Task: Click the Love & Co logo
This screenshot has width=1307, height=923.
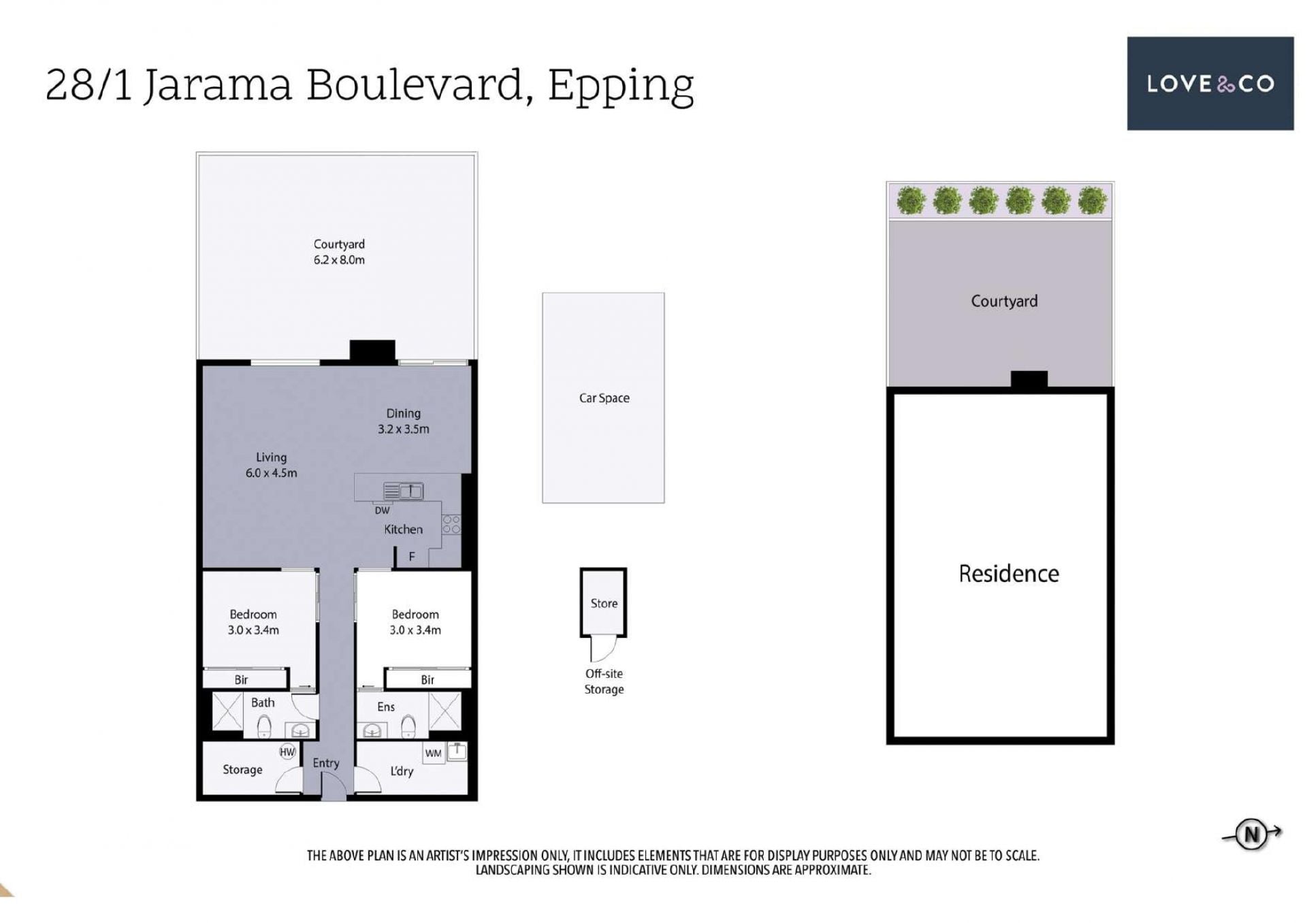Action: [1210, 83]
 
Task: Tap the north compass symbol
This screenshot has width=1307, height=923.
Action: [1251, 834]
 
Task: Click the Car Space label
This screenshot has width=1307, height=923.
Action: [604, 398]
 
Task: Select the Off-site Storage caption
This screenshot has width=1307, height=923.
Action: [604, 681]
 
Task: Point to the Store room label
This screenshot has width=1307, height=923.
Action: [604, 603]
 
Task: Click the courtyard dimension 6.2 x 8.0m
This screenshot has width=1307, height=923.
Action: [339, 260]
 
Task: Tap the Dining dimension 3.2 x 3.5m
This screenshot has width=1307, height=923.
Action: [404, 429]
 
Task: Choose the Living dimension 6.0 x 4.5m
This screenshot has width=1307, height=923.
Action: [271, 473]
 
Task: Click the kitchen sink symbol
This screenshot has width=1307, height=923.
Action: [403, 491]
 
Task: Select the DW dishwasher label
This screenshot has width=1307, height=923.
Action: [382, 511]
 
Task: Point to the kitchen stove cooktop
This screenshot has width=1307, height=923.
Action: [451, 524]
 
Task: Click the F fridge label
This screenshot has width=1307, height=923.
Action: [412, 557]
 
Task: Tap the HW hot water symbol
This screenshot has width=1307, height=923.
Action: [287, 752]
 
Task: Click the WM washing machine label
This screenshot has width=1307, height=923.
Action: [433, 754]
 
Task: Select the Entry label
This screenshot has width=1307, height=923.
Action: [325, 764]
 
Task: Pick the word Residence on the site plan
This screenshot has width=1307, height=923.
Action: [1009, 574]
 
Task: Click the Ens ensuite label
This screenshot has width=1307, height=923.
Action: [386, 707]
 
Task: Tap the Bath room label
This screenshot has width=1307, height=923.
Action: [263, 702]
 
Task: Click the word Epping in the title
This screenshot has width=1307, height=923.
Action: [621, 86]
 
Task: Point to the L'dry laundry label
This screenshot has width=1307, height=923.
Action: [402, 771]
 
